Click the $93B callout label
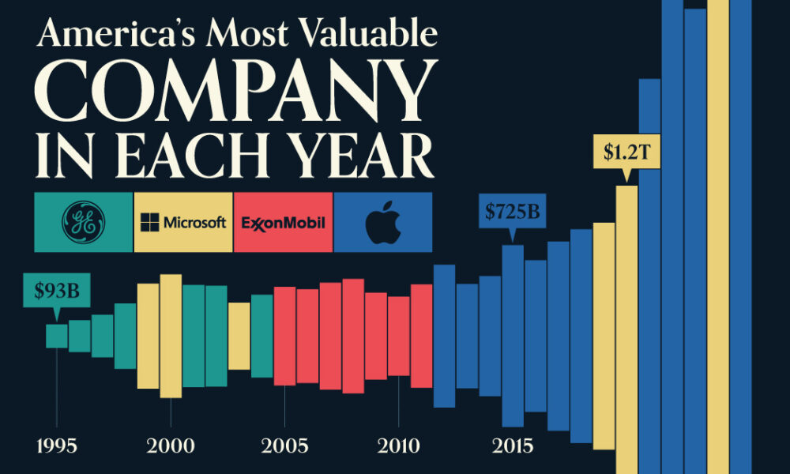click(56, 292)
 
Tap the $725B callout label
click(512, 211)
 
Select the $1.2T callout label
click(626, 153)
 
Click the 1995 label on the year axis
click(56, 446)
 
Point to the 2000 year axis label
click(171, 446)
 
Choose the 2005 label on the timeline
click(285, 446)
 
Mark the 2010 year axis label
click(399, 446)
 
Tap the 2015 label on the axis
click(513, 446)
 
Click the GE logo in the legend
click(83, 222)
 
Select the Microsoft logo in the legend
click(183, 222)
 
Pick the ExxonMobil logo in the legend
click(283, 222)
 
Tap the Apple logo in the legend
click(383, 222)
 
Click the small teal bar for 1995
click(56, 336)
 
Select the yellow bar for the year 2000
click(171, 336)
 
